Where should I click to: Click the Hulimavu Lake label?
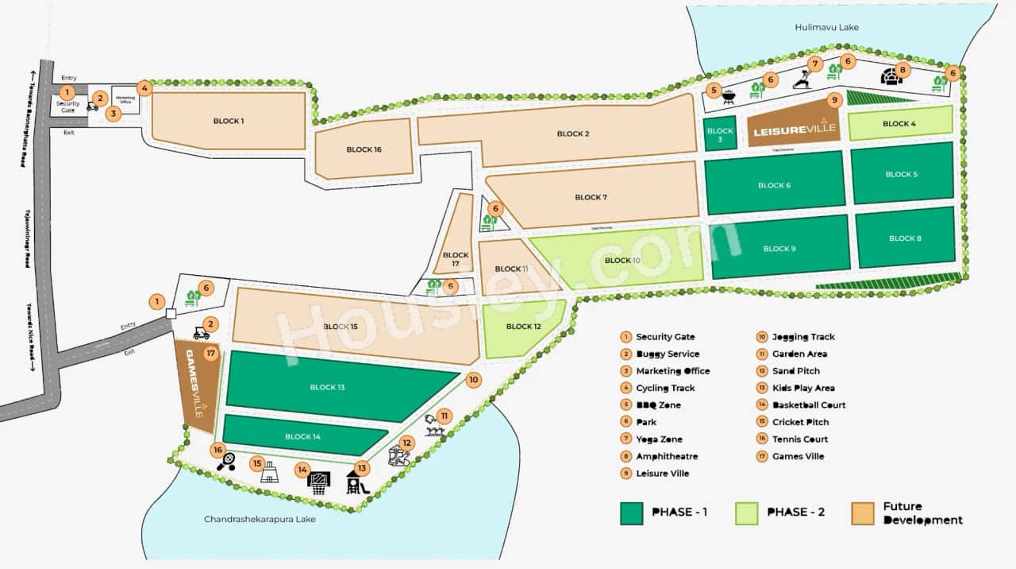coord(826,27)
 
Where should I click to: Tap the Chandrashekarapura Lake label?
coord(260,519)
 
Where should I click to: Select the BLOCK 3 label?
coord(720,134)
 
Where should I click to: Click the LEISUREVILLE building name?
coord(792,129)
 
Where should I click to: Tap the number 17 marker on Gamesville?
coord(210,353)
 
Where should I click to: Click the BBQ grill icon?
coord(729,98)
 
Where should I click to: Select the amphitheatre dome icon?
coord(892,76)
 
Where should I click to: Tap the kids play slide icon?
coord(357,482)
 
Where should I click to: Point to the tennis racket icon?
coord(225,462)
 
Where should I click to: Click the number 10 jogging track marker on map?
coord(474,380)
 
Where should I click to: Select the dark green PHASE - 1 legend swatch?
coord(631,513)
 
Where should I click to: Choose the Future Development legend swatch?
coord(862,513)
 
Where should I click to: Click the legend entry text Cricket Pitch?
coord(800,422)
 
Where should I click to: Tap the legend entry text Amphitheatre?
coord(667,456)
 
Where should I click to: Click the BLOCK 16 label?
coord(364,149)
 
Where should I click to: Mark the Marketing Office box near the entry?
coord(125,99)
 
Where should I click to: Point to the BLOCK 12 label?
coord(523,327)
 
